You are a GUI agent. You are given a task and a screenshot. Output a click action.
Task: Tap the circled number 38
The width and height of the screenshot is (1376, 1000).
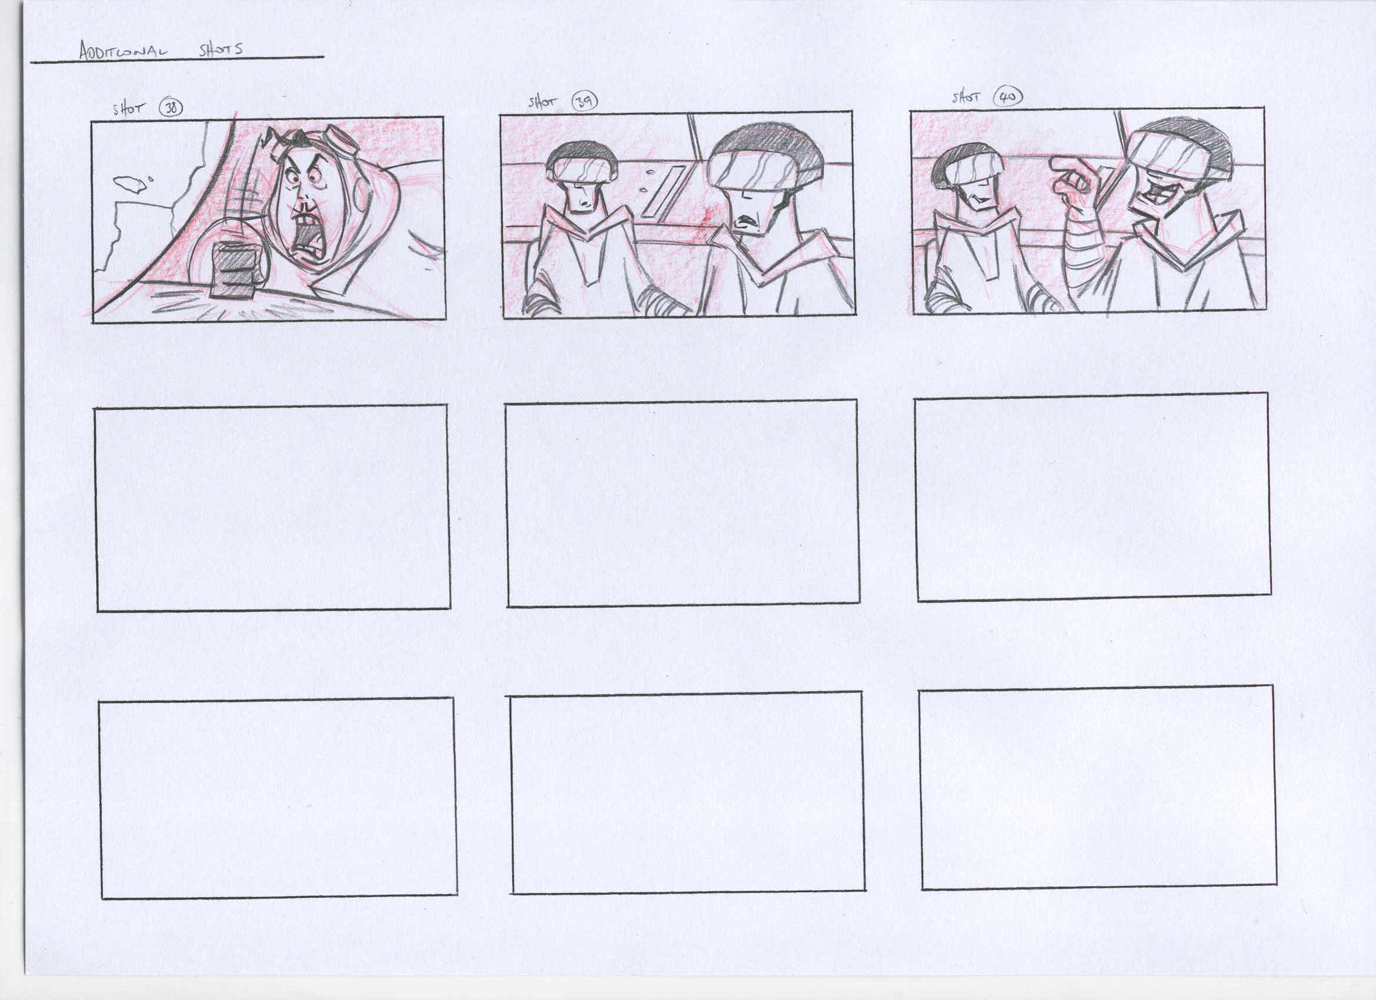[171, 109]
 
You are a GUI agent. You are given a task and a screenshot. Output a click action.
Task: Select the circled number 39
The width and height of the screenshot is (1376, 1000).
[584, 102]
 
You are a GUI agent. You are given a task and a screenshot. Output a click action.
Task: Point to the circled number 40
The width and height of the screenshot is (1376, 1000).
[1008, 96]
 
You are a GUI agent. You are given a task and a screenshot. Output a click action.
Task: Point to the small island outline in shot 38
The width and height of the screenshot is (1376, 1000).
[130, 184]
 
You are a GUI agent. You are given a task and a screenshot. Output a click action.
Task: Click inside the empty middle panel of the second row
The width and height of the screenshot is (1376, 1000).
[683, 503]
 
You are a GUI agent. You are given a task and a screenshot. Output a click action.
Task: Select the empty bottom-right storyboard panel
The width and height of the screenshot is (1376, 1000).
[1097, 788]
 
